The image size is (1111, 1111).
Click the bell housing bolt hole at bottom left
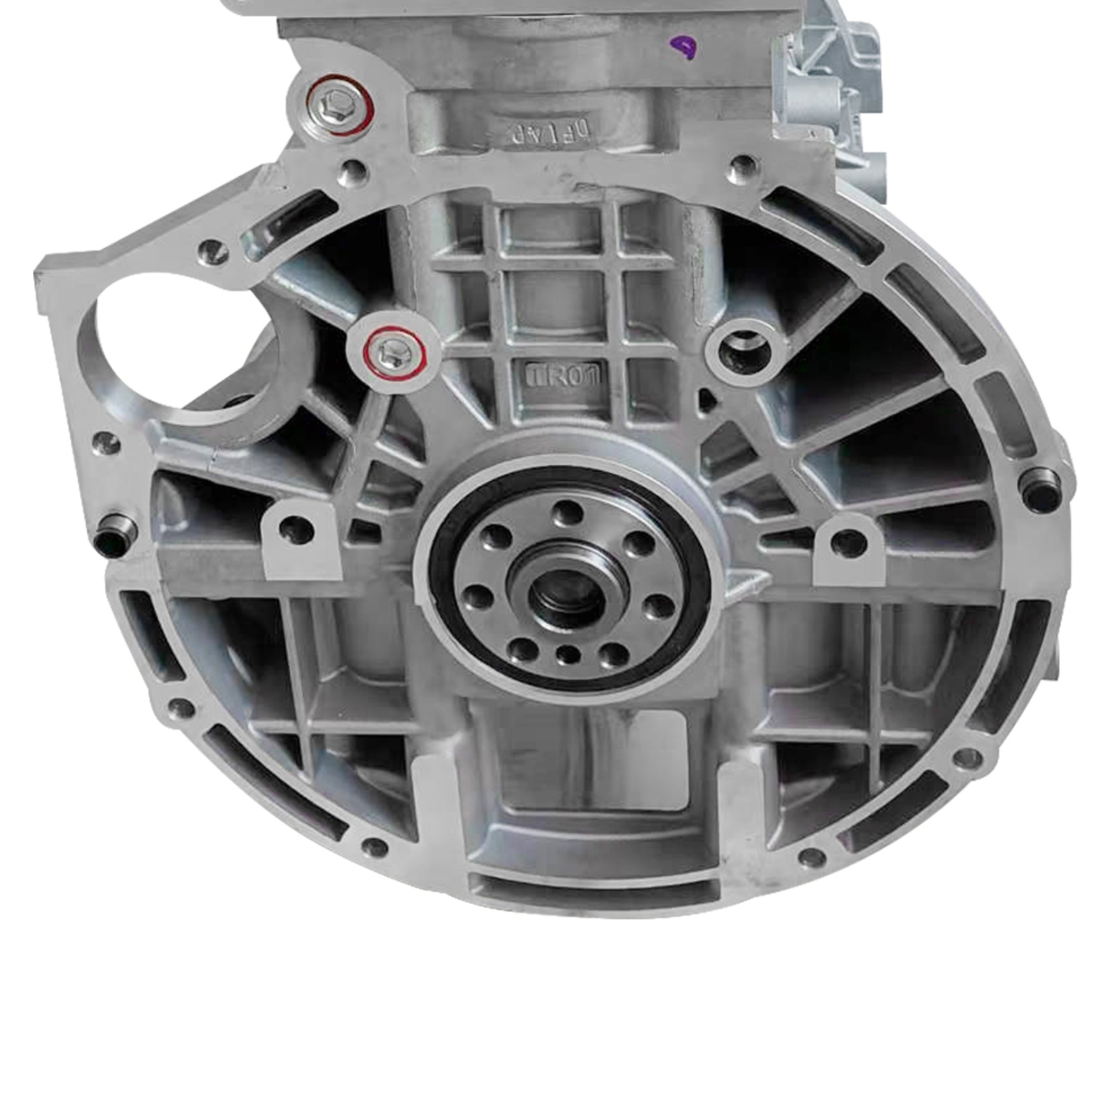point(375,846)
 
